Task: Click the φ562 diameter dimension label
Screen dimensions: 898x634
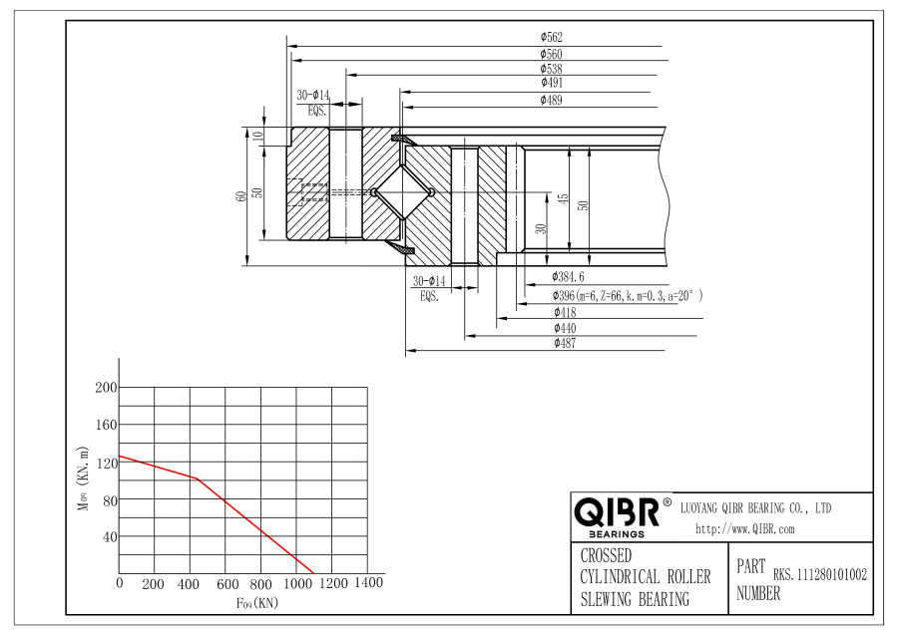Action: [551, 37]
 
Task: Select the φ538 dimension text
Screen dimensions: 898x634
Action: [551, 69]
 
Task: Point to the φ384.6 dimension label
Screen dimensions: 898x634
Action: [568, 277]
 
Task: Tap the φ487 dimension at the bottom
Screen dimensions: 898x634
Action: [565, 343]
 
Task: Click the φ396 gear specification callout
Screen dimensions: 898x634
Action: [628, 296]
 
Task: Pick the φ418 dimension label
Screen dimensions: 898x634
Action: [565, 312]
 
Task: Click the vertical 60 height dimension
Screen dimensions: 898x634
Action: [241, 196]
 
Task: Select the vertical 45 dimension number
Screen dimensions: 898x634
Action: [564, 199]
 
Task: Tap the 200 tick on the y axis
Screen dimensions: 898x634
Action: [106, 388]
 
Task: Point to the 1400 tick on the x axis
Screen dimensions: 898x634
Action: [369, 582]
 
